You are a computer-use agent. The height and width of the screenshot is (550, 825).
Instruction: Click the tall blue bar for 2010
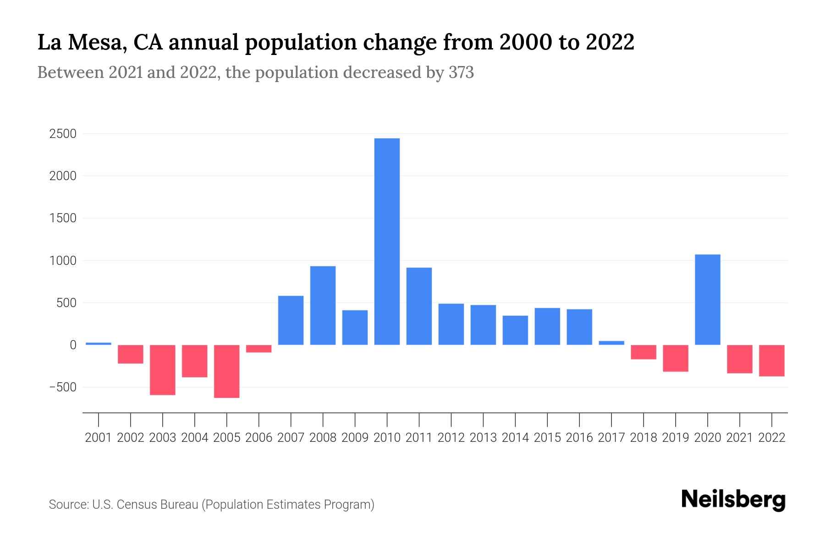point(387,242)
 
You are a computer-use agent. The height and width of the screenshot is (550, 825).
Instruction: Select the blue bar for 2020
point(707,300)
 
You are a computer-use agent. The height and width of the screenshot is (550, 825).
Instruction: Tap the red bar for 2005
point(226,371)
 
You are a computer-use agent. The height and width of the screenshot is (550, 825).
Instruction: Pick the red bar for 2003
point(163,370)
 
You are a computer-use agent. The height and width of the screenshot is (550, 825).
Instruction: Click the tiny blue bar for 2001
point(99,344)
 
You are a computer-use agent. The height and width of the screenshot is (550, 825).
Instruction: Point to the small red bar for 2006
point(258,349)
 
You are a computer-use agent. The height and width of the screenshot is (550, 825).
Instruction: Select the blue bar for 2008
point(323,305)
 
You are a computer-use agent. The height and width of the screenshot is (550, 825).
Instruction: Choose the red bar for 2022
point(771,361)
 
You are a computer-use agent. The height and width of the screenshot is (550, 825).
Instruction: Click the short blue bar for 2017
point(611,343)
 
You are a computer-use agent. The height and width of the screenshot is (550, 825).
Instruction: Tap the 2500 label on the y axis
point(63,134)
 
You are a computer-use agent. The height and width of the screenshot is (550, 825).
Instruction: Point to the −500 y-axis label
point(63,387)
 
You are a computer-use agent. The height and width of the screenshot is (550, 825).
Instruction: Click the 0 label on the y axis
point(72,345)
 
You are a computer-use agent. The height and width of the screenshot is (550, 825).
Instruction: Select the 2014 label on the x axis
point(515,438)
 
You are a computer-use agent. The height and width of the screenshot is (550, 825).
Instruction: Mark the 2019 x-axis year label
point(675,438)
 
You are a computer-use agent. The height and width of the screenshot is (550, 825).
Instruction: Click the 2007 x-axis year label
point(291,438)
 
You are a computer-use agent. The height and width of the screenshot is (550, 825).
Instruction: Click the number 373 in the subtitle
point(461,72)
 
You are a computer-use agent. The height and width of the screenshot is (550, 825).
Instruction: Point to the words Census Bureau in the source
point(158,505)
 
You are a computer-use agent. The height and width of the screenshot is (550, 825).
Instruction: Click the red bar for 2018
point(643,352)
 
